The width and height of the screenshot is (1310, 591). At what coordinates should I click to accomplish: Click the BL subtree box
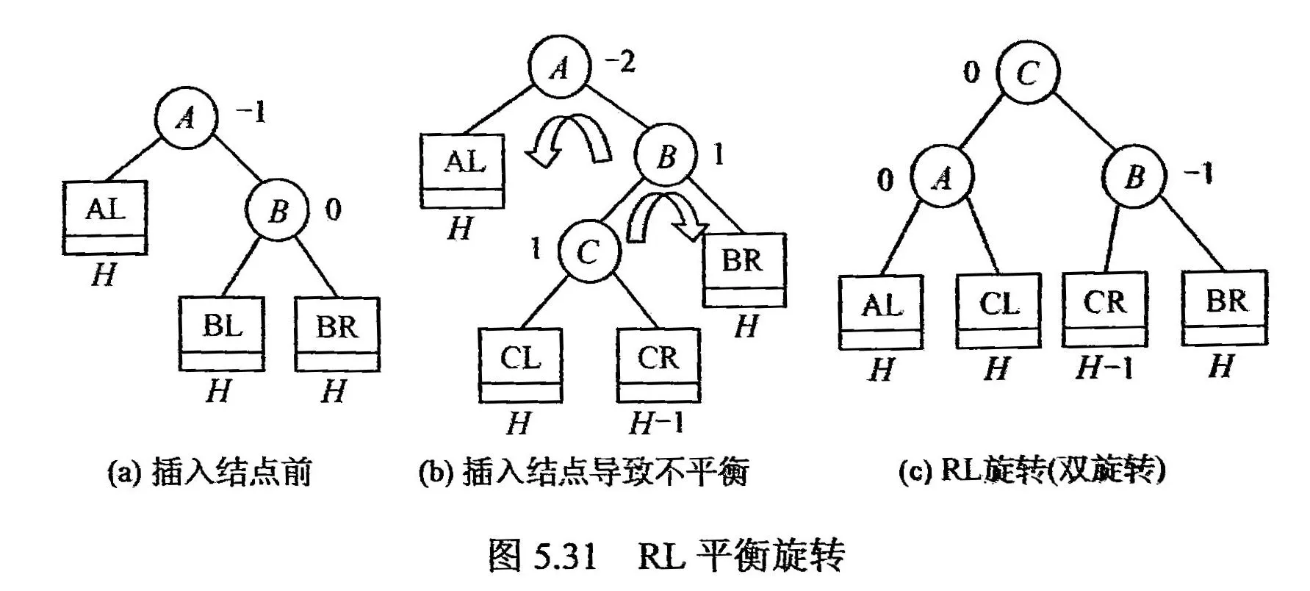click(221, 333)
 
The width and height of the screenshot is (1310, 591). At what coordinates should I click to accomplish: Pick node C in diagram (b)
click(588, 251)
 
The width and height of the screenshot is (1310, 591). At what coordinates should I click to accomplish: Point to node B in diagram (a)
click(277, 212)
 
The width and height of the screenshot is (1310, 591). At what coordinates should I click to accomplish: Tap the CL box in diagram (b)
click(520, 365)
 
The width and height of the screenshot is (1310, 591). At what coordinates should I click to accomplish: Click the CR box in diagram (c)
click(1104, 309)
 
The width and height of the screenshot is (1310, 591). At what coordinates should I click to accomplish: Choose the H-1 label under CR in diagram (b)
click(656, 423)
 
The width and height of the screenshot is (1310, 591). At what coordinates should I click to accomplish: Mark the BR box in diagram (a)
click(337, 333)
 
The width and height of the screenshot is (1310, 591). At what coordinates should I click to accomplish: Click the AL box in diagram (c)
click(881, 311)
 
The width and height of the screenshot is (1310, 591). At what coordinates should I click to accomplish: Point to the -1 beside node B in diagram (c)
click(1197, 174)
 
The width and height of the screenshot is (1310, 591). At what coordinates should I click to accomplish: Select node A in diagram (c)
click(941, 178)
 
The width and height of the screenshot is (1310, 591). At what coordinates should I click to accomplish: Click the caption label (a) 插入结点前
click(210, 472)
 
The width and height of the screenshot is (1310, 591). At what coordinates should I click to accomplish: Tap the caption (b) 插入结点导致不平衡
click(583, 472)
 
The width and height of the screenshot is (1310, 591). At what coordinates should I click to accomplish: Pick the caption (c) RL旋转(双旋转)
click(1032, 470)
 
